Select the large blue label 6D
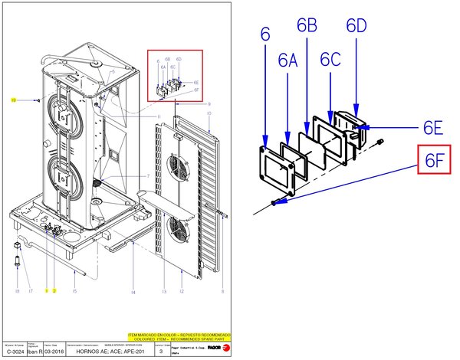tap(356, 26)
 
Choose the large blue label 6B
tap(307, 26)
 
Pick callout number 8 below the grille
tap(222, 292)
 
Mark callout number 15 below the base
tap(74, 292)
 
